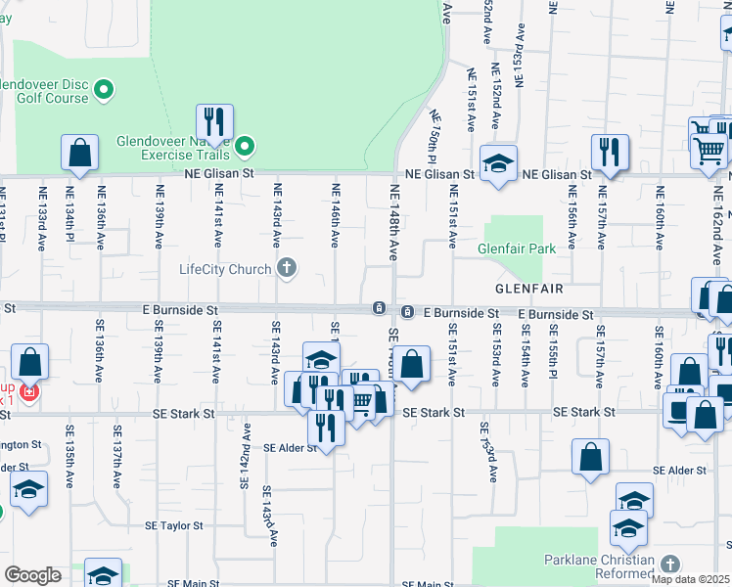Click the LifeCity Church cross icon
coord(287,268)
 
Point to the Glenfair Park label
coord(517,248)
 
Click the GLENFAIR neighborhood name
coord(528,289)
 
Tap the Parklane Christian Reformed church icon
coord(669,564)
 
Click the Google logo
coord(32,575)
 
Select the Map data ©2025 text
coord(690,579)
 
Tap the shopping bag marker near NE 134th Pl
coord(80,154)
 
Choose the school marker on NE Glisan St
coord(498,163)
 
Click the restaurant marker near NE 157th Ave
coord(610,153)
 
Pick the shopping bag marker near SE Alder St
coord(591,458)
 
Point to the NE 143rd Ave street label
coord(277,214)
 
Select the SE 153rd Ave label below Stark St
coord(484,449)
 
